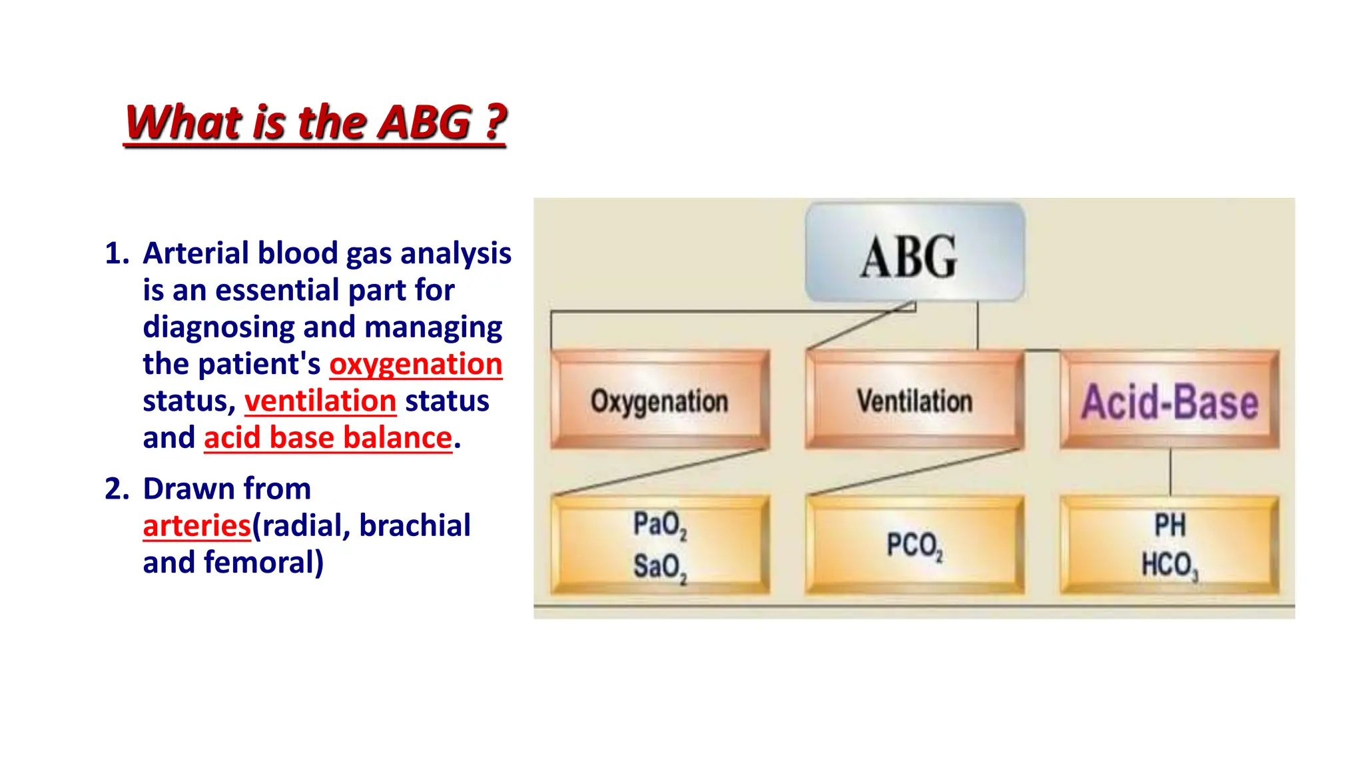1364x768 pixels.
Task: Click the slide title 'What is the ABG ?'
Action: pyautogui.click(x=315, y=123)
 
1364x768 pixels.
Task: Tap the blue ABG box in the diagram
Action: pyautogui.click(x=914, y=253)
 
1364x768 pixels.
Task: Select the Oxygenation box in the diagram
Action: pyautogui.click(x=659, y=401)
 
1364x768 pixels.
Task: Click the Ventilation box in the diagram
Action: pyautogui.click(x=914, y=401)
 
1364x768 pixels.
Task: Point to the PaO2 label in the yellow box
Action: pyautogui.click(x=659, y=525)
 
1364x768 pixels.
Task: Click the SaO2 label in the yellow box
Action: pyautogui.click(x=659, y=567)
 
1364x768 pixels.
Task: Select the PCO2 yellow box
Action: pyautogui.click(x=914, y=545)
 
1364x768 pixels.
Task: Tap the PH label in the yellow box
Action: pyautogui.click(x=1170, y=525)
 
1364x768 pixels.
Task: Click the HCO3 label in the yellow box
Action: pyautogui.click(x=1170, y=565)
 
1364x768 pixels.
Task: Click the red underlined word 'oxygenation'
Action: pyautogui.click(x=416, y=365)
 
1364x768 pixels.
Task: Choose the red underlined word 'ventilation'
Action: pyautogui.click(x=320, y=401)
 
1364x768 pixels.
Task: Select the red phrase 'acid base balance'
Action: pyautogui.click(x=328, y=438)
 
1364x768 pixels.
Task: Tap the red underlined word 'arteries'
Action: pyautogui.click(x=197, y=526)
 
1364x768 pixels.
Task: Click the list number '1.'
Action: pyautogui.click(x=117, y=254)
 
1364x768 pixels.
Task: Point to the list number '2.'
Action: pyautogui.click(x=117, y=489)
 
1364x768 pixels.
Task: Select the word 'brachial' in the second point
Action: pyautogui.click(x=414, y=525)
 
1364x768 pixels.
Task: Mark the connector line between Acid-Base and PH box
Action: pyautogui.click(x=1170, y=472)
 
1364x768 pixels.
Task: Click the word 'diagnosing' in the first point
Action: pyautogui.click(x=218, y=328)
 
